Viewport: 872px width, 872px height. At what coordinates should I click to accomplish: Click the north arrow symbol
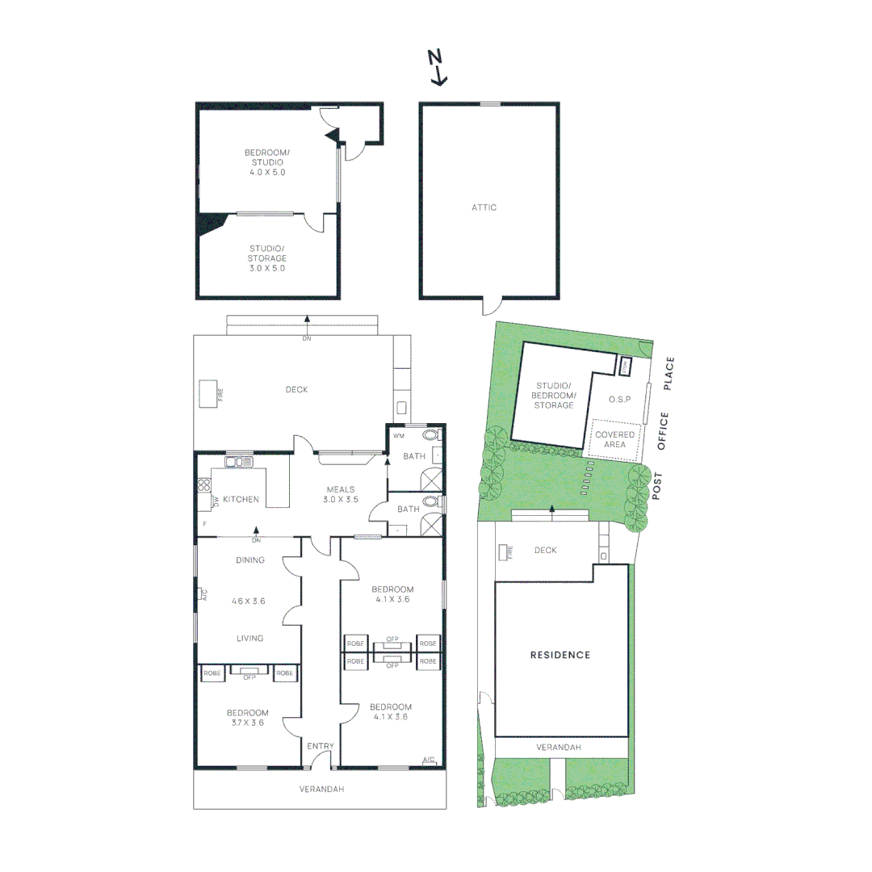(x=437, y=67)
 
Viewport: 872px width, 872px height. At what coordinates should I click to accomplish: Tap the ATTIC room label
(x=484, y=208)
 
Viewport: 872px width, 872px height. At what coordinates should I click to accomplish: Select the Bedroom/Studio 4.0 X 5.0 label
(x=266, y=162)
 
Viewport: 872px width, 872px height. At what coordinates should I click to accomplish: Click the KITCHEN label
(x=241, y=500)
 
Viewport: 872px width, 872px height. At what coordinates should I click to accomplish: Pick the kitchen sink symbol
(x=240, y=462)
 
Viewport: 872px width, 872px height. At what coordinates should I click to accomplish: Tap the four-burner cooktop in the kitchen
(x=204, y=486)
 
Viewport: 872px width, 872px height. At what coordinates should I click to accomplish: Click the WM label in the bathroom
(x=397, y=436)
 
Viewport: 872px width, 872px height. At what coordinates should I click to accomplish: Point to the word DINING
(x=249, y=560)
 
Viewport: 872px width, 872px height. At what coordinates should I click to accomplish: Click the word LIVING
(x=249, y=639)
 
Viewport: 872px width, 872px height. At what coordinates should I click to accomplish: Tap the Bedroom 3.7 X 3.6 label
(x=247, y=718)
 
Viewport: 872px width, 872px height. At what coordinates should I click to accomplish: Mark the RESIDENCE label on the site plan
(x=560, y=655)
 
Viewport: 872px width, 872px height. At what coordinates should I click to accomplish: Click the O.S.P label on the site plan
(x=619, y=400)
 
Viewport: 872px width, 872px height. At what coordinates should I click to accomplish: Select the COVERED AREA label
(x=615, y=440)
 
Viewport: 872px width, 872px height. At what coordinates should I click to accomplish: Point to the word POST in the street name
(x=657, y=486)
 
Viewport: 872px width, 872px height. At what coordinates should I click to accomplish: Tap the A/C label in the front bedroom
(x=430, y=760)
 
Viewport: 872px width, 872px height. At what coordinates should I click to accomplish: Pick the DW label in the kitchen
(x=216, y=501)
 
